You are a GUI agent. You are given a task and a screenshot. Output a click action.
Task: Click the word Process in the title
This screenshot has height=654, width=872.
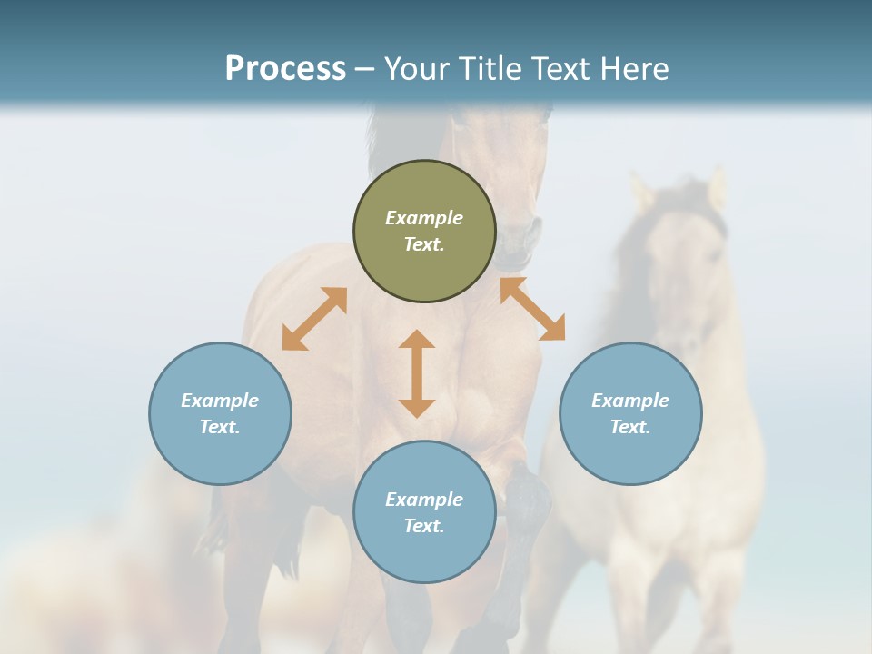[285, 69]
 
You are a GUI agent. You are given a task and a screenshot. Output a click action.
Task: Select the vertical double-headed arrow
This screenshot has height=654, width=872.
[417, 373]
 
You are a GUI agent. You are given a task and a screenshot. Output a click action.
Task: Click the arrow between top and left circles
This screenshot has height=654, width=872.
[314, 319]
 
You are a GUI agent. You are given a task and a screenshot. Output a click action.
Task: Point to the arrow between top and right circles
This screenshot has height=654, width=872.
[532, 309]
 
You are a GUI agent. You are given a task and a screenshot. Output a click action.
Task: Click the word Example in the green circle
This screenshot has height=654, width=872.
[424, 218]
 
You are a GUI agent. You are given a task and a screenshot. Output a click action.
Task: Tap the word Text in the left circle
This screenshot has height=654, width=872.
[220, 427]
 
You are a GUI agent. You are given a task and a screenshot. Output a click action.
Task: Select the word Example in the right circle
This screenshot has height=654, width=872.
[630, 401]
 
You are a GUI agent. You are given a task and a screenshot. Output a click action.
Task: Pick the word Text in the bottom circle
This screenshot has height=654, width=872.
[424, 526]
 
